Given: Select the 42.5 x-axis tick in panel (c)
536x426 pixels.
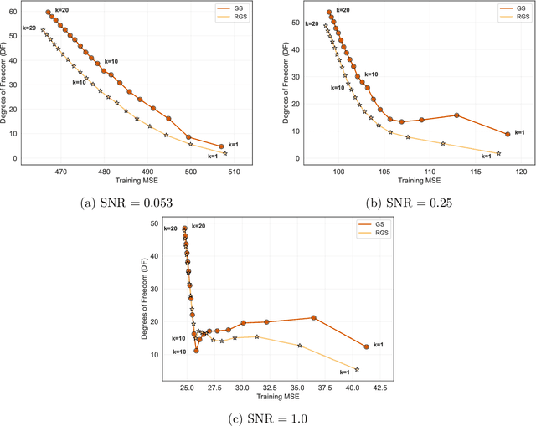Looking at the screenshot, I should tap(379, 388).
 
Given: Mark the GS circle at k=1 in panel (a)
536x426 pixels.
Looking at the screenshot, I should tap(221, 146).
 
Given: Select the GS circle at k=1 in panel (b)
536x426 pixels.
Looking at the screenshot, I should tap(508, 134).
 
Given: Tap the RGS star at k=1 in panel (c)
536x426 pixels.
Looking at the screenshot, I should tap(357, 369).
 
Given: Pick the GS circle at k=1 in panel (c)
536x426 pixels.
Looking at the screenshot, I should tap(366, 346).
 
